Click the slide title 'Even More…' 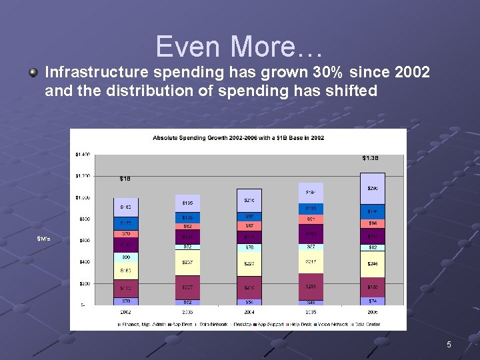click(x=239, y=47)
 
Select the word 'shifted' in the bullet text click(x=353, y=91)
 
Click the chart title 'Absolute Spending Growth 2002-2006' click(x=238, y=138)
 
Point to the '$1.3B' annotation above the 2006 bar click(x=371, y=158)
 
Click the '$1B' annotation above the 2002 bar click(x=125, y=179)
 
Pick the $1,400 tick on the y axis click(x=81, y=155)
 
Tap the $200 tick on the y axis click(x=83, y=284)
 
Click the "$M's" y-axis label click(x=45, y=239)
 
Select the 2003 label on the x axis click(x=187, y=311)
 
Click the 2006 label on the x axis click(x=372, y=311)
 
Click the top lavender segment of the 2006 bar click(x=372, y=189)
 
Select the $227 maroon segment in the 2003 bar click(x=187, y=287)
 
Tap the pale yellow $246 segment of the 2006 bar click(x=372, y=264)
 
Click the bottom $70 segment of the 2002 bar click(x=125, y=301)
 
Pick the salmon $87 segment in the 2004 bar click(x=249, y=226)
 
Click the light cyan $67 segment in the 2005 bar click(x=310, y=247)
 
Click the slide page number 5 click(x=449, y=345)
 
